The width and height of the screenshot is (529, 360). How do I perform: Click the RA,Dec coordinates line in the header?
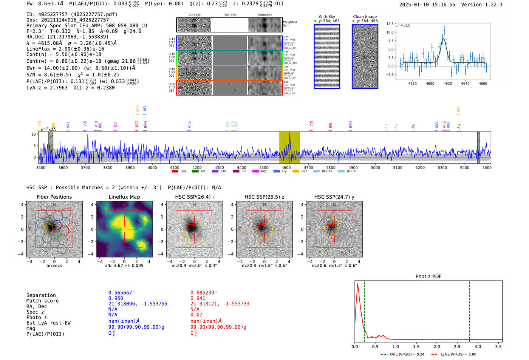(x=67, y=37)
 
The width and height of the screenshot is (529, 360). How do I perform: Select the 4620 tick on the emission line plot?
(x=448, y=83)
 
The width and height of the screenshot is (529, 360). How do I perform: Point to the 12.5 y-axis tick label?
(x=390, y=24)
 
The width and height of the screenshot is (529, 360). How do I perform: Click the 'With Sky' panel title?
(x=326, y=17)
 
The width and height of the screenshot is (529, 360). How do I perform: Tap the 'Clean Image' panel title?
(x=365, y=17)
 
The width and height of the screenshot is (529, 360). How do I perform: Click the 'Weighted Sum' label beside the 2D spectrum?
(x=289, y=24)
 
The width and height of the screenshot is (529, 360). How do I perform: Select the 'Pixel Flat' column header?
(x=230, y=15)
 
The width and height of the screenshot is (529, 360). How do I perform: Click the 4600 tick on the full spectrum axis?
(x=286, y=167)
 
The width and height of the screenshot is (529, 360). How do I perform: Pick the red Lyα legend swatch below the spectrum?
(x=175, y=171)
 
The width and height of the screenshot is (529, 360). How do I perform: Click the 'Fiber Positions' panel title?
(x=54, y=197)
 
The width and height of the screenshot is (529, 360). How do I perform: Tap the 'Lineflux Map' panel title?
(x=124, y=197)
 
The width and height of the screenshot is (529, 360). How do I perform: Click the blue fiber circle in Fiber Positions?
(x=57, y=225)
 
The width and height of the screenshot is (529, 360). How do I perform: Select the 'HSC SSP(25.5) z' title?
(x=264, y=197)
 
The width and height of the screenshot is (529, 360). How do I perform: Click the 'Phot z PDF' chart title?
(x=428, y=276)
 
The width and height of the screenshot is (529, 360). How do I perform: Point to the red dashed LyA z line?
(x=469, y=310)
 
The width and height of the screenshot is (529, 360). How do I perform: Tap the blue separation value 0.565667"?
(x=121, y=293)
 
